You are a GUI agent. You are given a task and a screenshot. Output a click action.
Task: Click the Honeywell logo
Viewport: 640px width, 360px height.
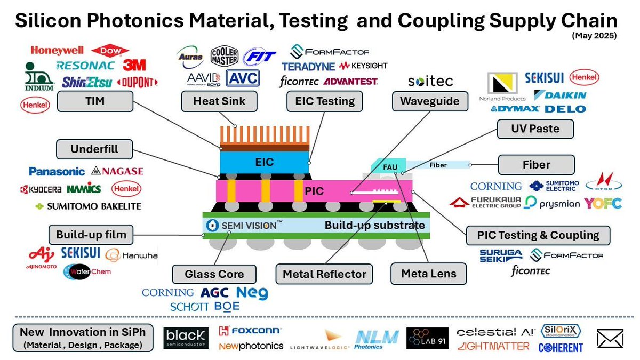pyautogui.click(x=57, y=51)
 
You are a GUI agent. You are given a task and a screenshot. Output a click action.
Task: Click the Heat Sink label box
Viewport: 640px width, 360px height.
pyautogui.click(x=219, y=101)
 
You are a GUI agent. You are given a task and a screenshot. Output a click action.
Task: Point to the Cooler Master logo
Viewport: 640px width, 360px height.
pyautogui.click(x=225, y=57)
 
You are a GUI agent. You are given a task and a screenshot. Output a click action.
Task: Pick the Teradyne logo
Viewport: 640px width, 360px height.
pyautogui.click(x=308, y=67)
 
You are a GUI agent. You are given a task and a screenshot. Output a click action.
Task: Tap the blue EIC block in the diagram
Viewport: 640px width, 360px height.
pyautogui.click(x=265, y=162)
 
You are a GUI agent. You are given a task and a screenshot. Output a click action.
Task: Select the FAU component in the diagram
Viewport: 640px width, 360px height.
pyautogui.click(x=390, y=167)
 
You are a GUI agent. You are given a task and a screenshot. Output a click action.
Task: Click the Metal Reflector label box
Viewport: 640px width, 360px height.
pyautogui.click(x=324, y=274)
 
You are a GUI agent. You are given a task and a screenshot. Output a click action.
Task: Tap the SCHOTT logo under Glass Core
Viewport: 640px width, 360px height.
pyautogui.click(x=189, y=307)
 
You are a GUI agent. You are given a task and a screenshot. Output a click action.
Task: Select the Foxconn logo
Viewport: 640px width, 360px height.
pyautogui.click(x=250, y=331)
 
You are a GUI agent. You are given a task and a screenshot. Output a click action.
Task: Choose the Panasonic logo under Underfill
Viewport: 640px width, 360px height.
pyautogui.click(x=57, y=171)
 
